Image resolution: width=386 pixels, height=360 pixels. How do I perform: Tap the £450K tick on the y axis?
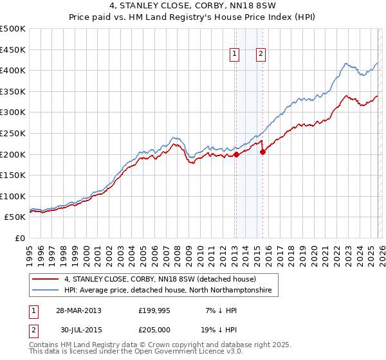pyautogui.click(x=14, y=50)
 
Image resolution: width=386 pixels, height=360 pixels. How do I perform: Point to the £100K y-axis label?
pyautogui.click(x=14, y=196)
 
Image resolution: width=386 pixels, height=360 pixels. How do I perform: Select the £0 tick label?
pyautogui.click(x=20, y=238)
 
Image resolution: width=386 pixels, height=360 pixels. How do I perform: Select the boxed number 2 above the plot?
pyautogui.click(x=261, y=55)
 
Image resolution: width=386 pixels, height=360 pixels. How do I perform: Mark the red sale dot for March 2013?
pyautogui.click(x=236, y=154)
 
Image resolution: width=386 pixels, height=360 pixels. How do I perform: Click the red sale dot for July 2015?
pyautogui.click(x=262, y=152)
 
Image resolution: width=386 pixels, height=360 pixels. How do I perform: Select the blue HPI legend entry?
pyautogui.click(x=168, y=291)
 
